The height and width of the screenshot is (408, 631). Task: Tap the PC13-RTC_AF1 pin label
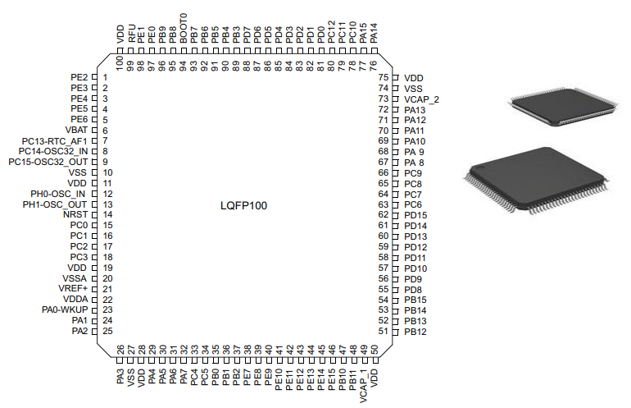click(x=53, y=141)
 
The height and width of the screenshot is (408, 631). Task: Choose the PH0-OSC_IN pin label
click(x=57, y=194)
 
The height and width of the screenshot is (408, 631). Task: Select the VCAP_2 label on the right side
click(x=421, y=99)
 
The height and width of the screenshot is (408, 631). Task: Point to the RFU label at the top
click(x=131, y=35)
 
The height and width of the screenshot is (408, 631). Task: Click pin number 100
click(x=120, y=62)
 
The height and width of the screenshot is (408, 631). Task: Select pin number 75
click(x=383, y=77)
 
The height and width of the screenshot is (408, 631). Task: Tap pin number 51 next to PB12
click(x=383, y=332)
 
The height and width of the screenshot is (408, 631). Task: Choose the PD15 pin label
click(x=415, y=215)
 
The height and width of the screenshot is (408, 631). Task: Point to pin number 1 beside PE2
click(x=105, y=77)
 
